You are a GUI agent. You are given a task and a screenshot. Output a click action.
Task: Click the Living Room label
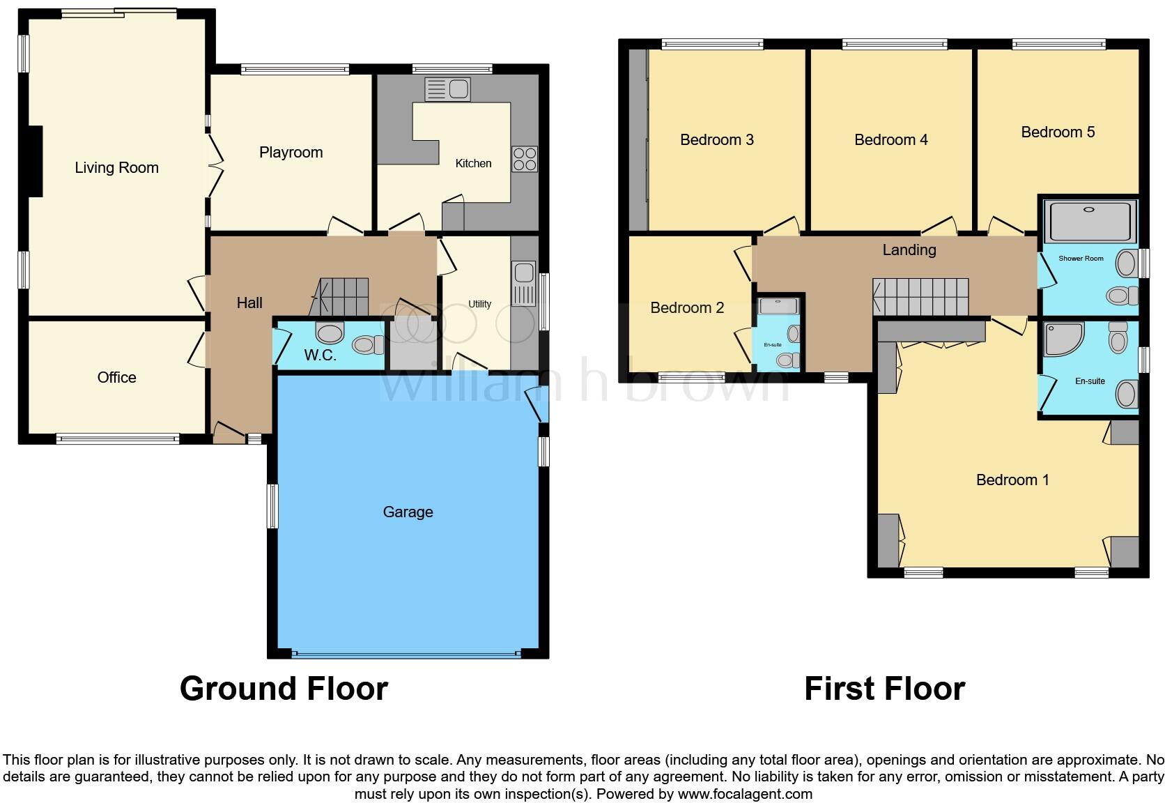(116, 167)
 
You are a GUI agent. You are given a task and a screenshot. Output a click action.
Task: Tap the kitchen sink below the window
(448, 89)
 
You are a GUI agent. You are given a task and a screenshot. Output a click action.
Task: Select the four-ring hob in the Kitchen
(524, 159)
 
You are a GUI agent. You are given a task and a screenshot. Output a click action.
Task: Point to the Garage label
(408, 512)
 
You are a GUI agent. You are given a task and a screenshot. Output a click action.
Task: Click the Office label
(116, 377)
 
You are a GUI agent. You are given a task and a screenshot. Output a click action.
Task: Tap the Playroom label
(291, 152)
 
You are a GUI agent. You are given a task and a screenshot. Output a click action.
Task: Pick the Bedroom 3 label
(716, 139)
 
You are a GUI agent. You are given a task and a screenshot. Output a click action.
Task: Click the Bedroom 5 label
(1057, 132)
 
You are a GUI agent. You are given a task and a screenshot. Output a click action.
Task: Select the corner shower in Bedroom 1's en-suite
(1062, 339)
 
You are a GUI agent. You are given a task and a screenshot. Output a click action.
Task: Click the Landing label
(909, 250)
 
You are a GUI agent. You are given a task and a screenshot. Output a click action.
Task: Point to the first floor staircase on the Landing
(920, 297)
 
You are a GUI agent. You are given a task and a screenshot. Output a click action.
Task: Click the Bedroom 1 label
(1012, 480)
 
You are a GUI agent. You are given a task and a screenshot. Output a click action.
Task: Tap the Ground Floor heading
(284, 689)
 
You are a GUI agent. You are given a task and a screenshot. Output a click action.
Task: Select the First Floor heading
(884, 689)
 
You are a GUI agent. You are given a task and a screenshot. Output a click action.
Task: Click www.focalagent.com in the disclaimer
(744, 793)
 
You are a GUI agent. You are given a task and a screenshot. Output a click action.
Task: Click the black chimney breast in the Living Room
(34, 161)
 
